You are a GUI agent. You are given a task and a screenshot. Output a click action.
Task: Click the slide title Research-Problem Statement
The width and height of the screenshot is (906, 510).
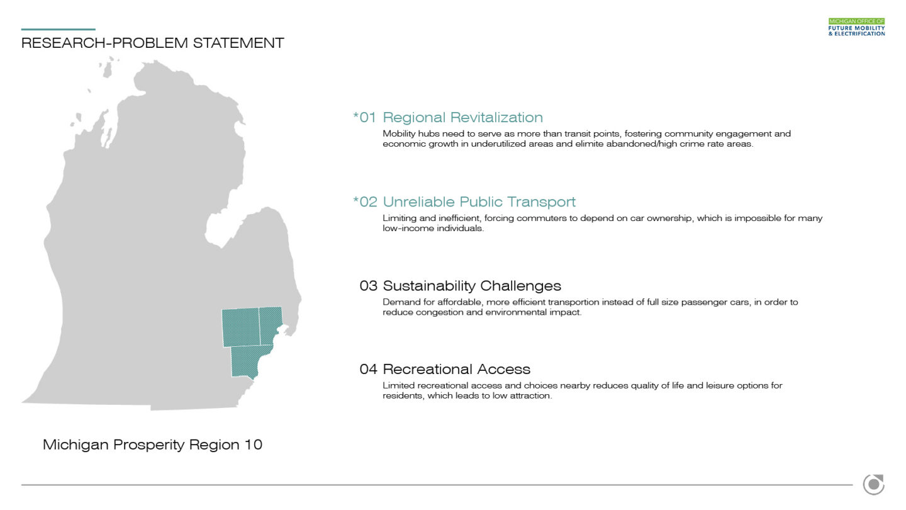152,43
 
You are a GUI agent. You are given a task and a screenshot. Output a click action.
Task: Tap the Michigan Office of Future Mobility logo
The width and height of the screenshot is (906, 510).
856,27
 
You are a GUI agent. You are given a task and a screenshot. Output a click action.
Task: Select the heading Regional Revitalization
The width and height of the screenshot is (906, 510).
462,117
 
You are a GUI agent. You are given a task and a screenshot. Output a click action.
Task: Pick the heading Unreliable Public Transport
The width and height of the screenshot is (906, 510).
479,201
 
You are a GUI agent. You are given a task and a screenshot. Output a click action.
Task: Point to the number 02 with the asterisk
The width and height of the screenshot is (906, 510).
365,201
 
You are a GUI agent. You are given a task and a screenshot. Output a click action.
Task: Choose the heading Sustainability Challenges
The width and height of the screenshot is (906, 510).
472,286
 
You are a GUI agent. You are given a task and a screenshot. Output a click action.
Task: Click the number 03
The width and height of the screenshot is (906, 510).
369,286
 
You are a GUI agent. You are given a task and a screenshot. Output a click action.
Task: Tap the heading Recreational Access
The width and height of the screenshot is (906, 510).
456,369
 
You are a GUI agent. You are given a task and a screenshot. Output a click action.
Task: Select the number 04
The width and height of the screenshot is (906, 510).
369,369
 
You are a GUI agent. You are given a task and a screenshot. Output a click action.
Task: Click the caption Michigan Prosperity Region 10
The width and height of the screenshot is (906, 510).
152,445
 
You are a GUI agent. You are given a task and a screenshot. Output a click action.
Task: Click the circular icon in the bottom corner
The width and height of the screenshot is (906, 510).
873,485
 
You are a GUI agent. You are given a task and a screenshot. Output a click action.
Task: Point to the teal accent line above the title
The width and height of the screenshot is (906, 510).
59,29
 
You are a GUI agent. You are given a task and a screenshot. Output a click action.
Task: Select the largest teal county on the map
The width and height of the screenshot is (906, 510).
241,327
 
